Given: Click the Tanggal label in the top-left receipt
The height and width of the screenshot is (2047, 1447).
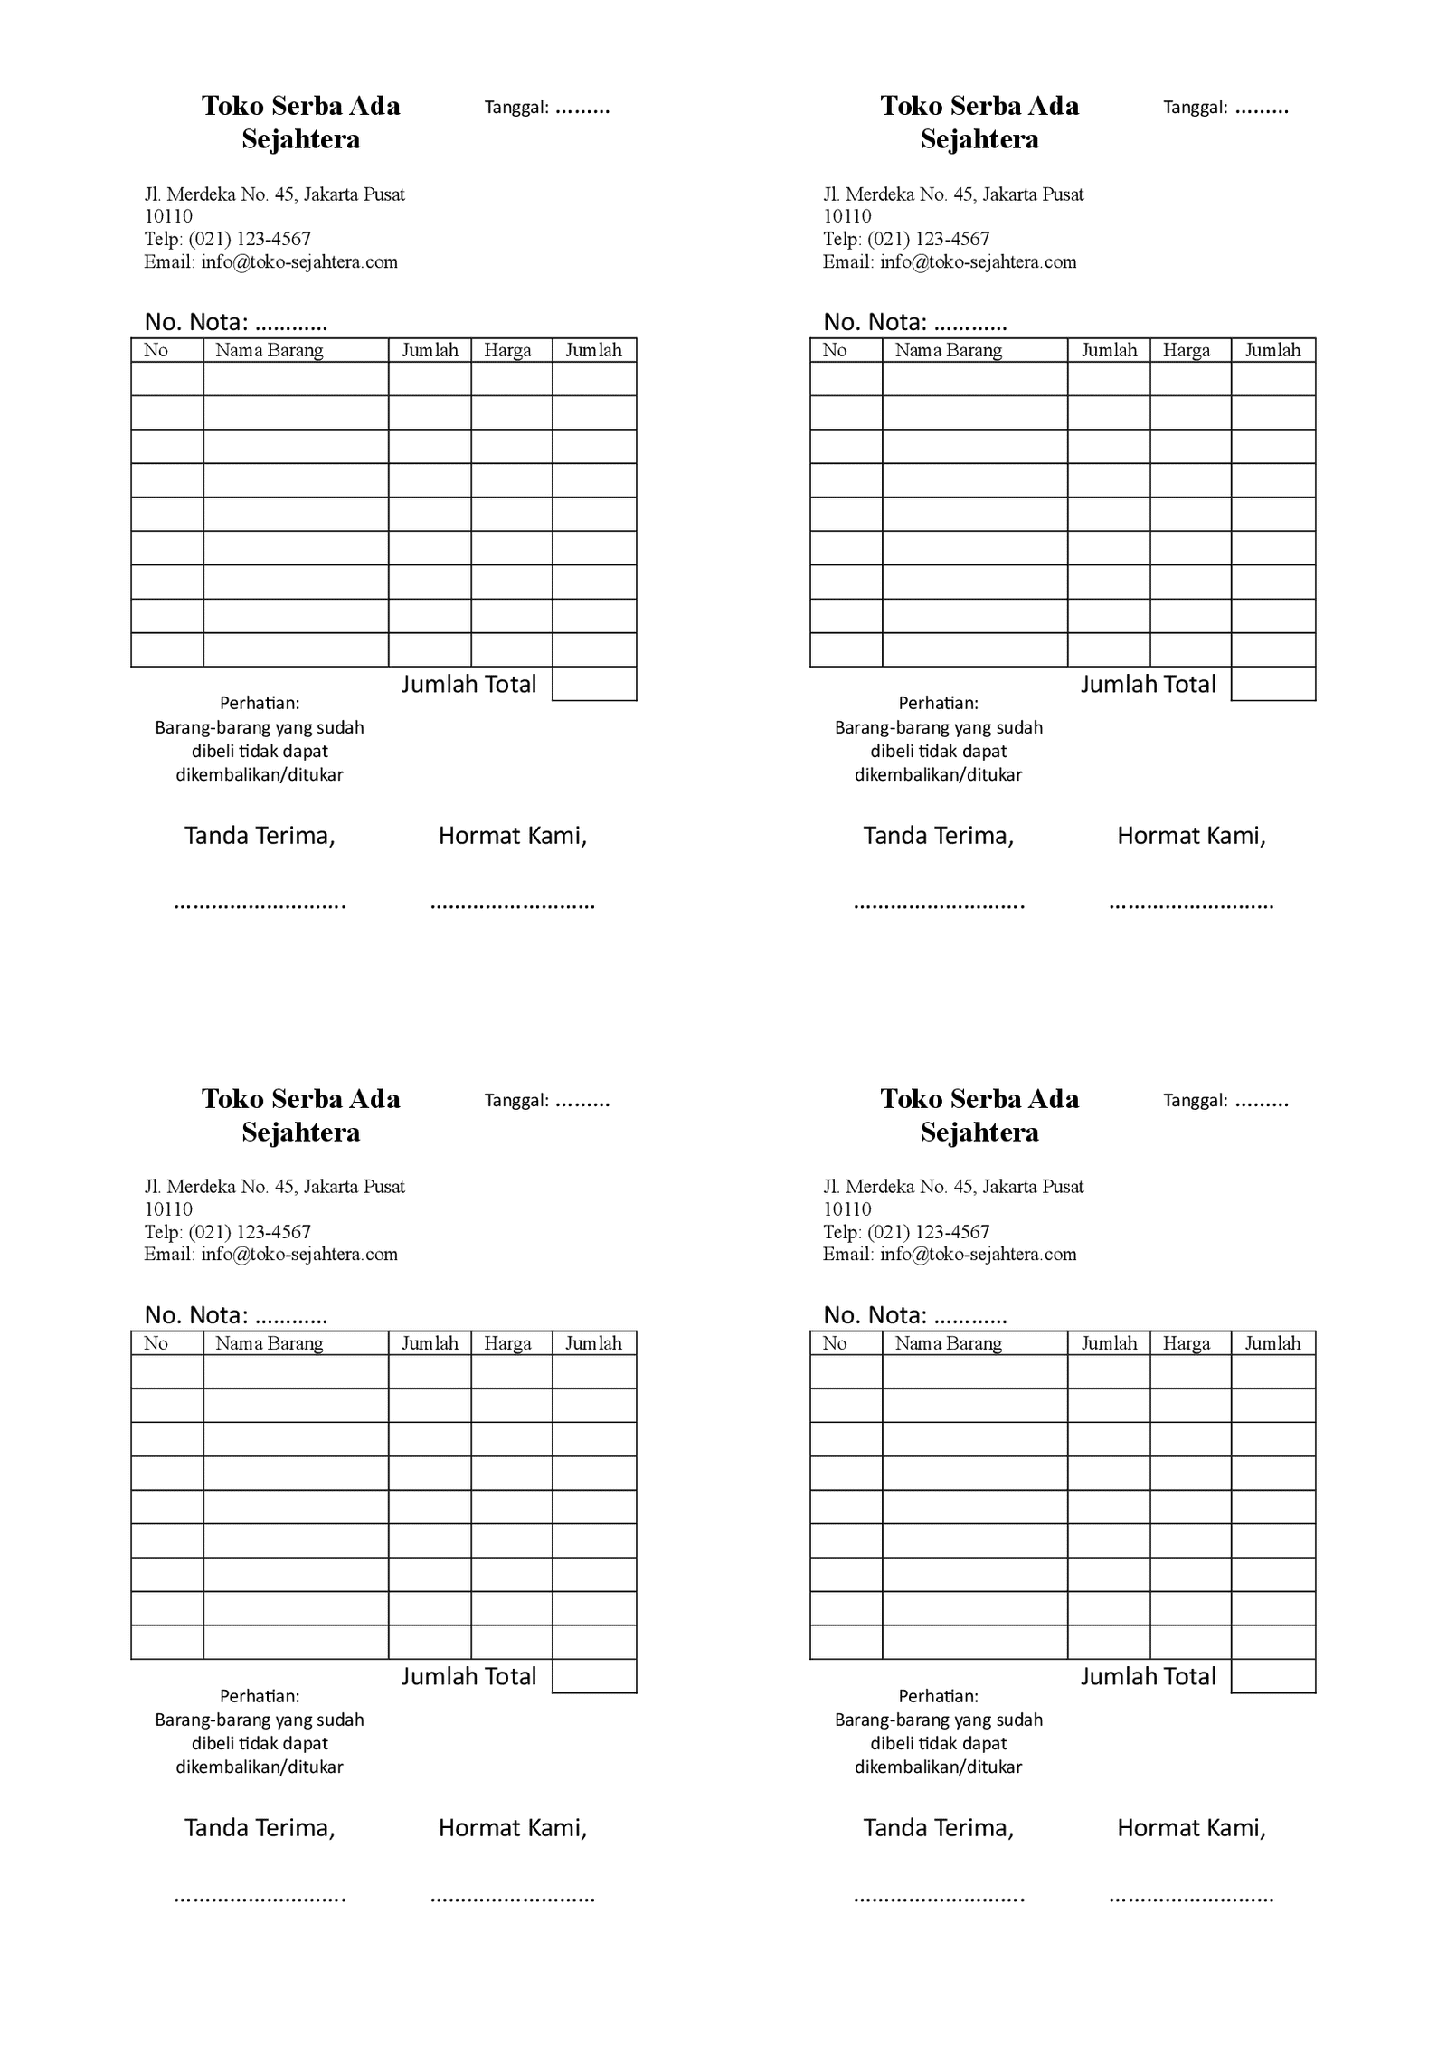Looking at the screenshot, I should (x=516, y=108).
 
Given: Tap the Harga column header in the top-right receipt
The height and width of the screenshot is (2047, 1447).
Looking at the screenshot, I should (x=1186, y=350).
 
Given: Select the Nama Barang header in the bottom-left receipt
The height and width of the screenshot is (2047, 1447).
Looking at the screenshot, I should (x=269, y=1343).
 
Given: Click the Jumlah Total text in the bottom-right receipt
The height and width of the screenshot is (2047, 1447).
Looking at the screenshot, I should (x=1148, y=1676).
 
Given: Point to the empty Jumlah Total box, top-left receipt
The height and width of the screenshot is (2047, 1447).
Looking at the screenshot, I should (x=594, y=684).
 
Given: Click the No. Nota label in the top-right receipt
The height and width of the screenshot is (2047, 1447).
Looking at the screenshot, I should (x=875, y=322).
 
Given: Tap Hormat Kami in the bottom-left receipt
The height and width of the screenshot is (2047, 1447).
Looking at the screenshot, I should (x=513, y=1828).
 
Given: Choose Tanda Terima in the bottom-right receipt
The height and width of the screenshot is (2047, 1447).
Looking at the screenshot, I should (x=938, y=1828).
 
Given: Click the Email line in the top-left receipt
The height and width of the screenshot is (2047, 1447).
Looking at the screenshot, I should (x=270, y=262).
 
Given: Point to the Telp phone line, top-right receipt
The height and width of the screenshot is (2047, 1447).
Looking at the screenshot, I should (x=906, y=239).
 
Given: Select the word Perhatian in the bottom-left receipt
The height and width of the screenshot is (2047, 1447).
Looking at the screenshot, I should (x=260, y=1696).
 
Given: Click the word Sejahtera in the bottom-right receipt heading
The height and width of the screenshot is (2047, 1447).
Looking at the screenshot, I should (x=979, y=1132).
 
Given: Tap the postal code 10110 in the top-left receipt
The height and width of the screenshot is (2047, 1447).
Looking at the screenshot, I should (x=168, y=216).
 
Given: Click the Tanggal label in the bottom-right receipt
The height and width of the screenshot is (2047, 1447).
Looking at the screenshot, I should (x=1195, y=1101).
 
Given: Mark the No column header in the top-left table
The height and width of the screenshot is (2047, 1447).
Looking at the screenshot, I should (x=156, y=350).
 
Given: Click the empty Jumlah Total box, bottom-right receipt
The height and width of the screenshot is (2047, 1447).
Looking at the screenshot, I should (x=1272, y=1676).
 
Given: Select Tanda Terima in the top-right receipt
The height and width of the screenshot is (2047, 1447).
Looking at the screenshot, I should (x=938, y=836).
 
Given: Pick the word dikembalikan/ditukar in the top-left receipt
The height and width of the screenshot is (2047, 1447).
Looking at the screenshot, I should (x=260, y=775).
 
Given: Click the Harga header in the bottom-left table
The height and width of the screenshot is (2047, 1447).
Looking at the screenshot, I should (x=507, y=1343).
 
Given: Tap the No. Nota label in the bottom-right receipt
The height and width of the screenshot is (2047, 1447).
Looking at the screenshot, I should (x=875, y=1315).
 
